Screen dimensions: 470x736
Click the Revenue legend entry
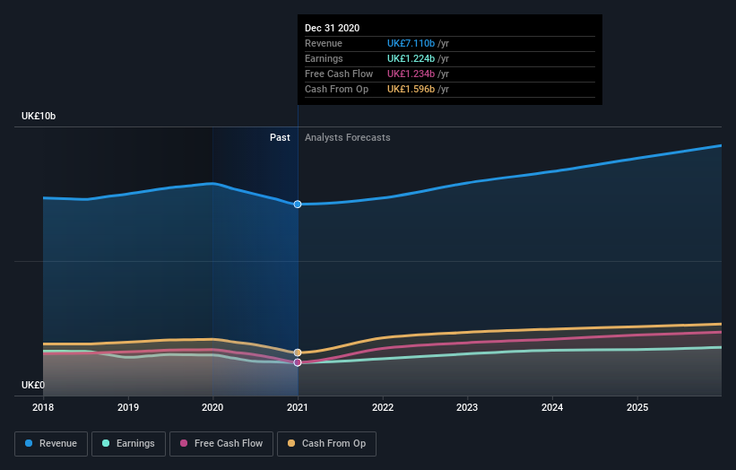(x=52, y=443)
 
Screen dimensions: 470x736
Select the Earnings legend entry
(x=128, y=443)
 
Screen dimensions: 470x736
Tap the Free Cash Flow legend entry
(x=220, y=443)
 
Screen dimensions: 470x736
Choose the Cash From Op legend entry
(x=327, y=443)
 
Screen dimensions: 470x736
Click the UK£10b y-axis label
(x=39, y=117)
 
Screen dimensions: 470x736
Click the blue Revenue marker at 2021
(x=298, y=205)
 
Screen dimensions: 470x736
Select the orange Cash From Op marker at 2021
(x=298, y=352)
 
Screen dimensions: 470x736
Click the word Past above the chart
(x=280, y=137)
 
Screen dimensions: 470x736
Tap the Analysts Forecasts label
(x=347, y=137)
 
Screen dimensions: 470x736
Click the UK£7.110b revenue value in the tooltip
(x=411, y=43)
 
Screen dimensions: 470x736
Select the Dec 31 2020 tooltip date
(x=332, y=28)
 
